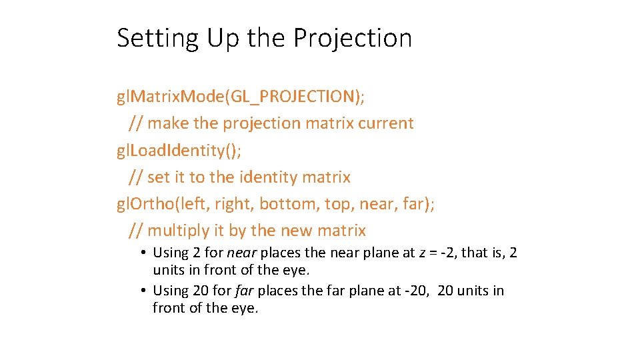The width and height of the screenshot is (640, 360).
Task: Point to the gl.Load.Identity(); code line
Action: tap(179, 150)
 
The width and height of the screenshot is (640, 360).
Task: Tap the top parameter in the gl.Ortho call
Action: tap(339, 204)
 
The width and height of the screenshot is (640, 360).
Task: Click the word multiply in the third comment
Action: tap(175, 231)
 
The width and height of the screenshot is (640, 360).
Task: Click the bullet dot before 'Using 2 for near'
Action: tap(144, 253)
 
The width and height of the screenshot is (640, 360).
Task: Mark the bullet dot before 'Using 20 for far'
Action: tap(144, 291)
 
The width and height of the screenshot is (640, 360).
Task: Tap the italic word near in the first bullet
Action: tap(242, 253)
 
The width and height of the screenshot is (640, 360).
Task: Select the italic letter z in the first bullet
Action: tap(423, 253)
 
